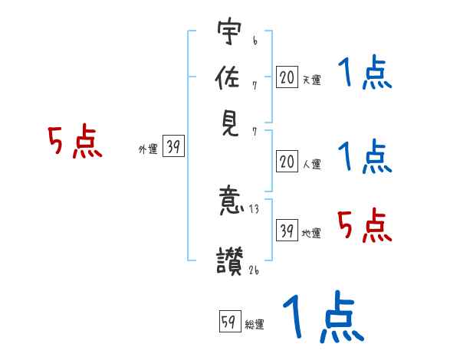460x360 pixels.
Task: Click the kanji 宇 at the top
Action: click(x=229, y=34)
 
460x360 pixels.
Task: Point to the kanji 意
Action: click(x=229, y=201)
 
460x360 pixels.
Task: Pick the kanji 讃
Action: click(x=229, y=259)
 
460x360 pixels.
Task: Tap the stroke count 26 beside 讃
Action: click(x=255, y=269)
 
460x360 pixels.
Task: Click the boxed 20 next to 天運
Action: click(x=286, y=77)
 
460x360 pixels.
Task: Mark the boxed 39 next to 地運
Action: click(x=286, y=231)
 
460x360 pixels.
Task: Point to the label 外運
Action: click(x=147, y=150)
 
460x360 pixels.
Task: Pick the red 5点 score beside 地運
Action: click(x=364, y=225)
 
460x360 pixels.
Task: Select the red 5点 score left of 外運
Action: click(x=74, y=142)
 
